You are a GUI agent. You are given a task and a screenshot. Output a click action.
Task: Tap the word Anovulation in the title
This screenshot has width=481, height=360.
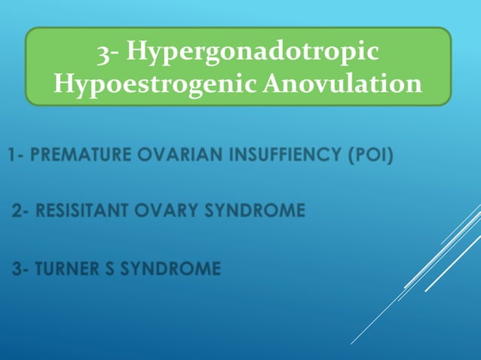(x=342, y=84)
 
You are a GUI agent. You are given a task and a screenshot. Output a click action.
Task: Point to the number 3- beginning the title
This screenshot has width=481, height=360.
(x=109, y=52)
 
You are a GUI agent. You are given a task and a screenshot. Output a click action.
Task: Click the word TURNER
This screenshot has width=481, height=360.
(x=68, y=268)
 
